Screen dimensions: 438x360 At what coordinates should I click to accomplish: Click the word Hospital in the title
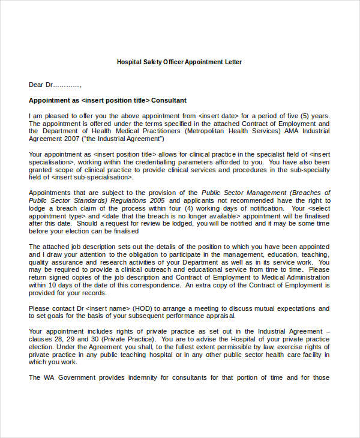[129, 62]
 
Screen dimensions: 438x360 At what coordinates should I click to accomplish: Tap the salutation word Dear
[37, 85]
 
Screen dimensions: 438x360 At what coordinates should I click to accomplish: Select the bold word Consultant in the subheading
[169, 100]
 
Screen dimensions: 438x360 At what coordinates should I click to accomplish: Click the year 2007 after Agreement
[73, 139]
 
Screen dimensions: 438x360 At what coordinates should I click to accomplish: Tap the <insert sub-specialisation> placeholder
[92, 177]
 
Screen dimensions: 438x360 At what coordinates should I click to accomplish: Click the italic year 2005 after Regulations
[157, 200]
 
